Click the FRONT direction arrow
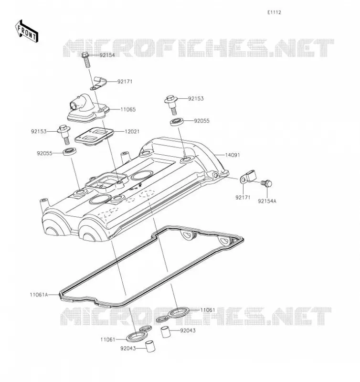tap(27, 32)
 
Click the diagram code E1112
tap(274, 12)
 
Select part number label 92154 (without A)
tap(107, 55)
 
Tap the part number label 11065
tap(128, 110)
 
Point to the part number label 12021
tap(132, 132)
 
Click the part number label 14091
tap(233, 155)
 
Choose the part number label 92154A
tap(267, 201)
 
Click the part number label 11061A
tap(39, 295)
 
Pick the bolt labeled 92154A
tap(266, 183)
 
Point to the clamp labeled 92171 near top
tap(99, 83)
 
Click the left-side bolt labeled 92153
tap(64, 134)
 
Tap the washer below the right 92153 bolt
tap(177, 122)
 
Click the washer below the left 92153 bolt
tap(70, 151)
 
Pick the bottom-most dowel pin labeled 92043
tap(150, 347)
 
